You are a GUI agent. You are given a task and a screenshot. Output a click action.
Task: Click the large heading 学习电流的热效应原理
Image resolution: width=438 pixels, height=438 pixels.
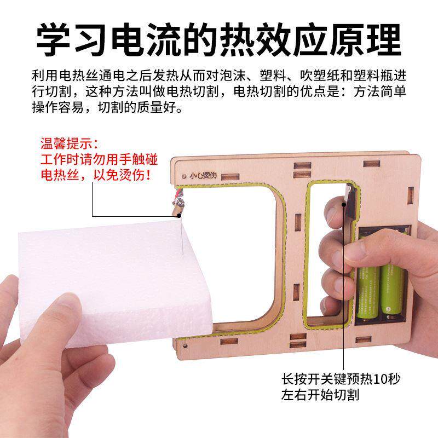[219, 39]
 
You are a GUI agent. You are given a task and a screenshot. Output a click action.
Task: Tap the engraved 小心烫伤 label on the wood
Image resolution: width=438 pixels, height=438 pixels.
[203, 175]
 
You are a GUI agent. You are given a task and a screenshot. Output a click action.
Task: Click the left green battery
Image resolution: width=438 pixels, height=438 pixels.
[368, 279]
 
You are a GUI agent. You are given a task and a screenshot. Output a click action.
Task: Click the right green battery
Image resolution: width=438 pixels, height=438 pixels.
[393, 288]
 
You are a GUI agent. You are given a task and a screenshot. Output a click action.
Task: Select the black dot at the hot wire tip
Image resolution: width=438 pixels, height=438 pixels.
[179, 215]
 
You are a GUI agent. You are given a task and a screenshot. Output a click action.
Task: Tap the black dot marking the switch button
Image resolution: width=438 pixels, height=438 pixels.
[344, 205]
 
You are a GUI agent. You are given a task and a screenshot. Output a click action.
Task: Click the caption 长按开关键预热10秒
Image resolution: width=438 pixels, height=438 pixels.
[341, 379]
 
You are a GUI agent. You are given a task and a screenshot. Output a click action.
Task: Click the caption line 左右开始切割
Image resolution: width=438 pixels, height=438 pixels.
[320, 395]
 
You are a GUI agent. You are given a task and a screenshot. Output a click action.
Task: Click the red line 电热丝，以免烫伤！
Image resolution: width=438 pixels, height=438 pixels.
[96, 175]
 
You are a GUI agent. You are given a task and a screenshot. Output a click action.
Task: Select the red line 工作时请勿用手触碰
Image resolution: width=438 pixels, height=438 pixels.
[99, 159]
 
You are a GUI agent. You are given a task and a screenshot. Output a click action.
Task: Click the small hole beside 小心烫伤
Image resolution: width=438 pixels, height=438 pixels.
[184, 176]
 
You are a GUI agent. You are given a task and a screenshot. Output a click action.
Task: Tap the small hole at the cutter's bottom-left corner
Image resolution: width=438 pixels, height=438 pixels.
[185, 346]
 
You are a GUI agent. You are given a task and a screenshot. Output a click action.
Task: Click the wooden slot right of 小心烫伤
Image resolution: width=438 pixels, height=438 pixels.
[230, 176]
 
